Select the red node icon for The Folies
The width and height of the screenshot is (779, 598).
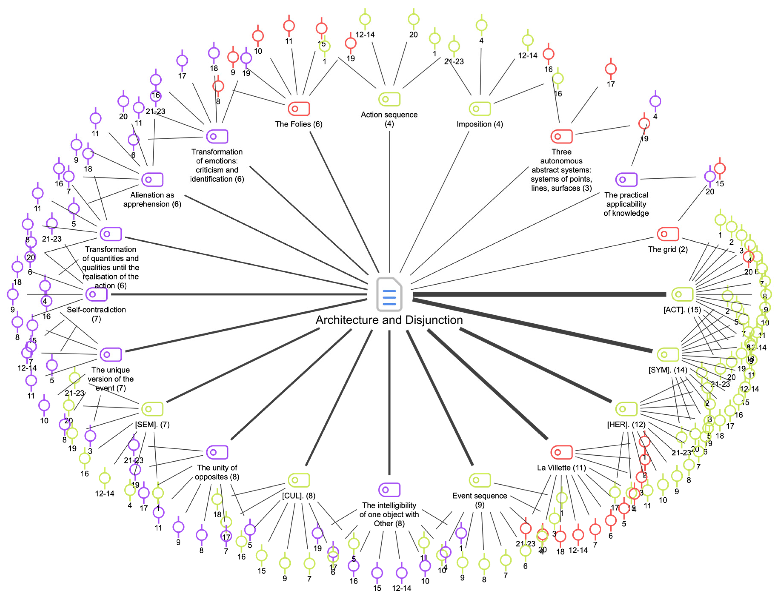299,108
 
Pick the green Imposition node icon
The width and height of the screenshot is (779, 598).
480,108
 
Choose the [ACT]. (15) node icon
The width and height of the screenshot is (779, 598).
682,294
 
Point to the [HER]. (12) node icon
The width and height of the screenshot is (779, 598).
626,409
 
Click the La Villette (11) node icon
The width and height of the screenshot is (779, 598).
561,452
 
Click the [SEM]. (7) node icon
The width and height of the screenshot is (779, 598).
152,409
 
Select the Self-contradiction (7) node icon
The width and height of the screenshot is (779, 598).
96,294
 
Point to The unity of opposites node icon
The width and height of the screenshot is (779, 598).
217,452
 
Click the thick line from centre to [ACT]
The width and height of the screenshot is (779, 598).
534,294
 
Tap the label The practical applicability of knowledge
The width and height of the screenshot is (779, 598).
626,204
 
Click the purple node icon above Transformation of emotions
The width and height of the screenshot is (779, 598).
217,136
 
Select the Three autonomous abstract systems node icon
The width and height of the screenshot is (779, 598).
561,136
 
